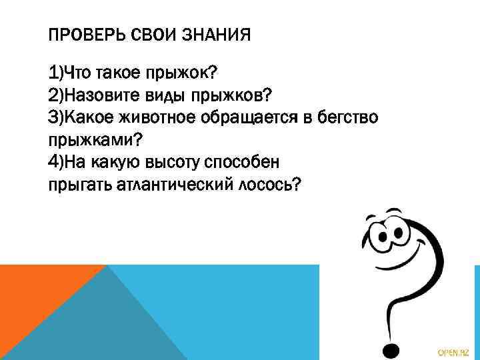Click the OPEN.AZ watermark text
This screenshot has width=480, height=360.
pos(453,350)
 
